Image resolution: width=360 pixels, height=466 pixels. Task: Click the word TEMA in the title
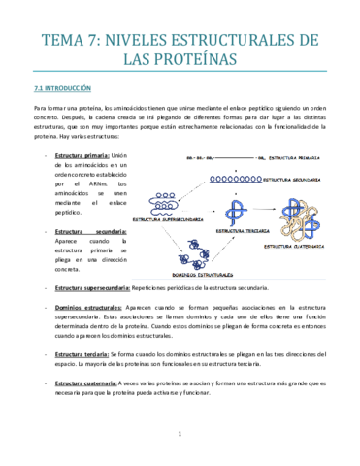[60, 40]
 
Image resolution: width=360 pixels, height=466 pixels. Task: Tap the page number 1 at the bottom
[180, 434]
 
